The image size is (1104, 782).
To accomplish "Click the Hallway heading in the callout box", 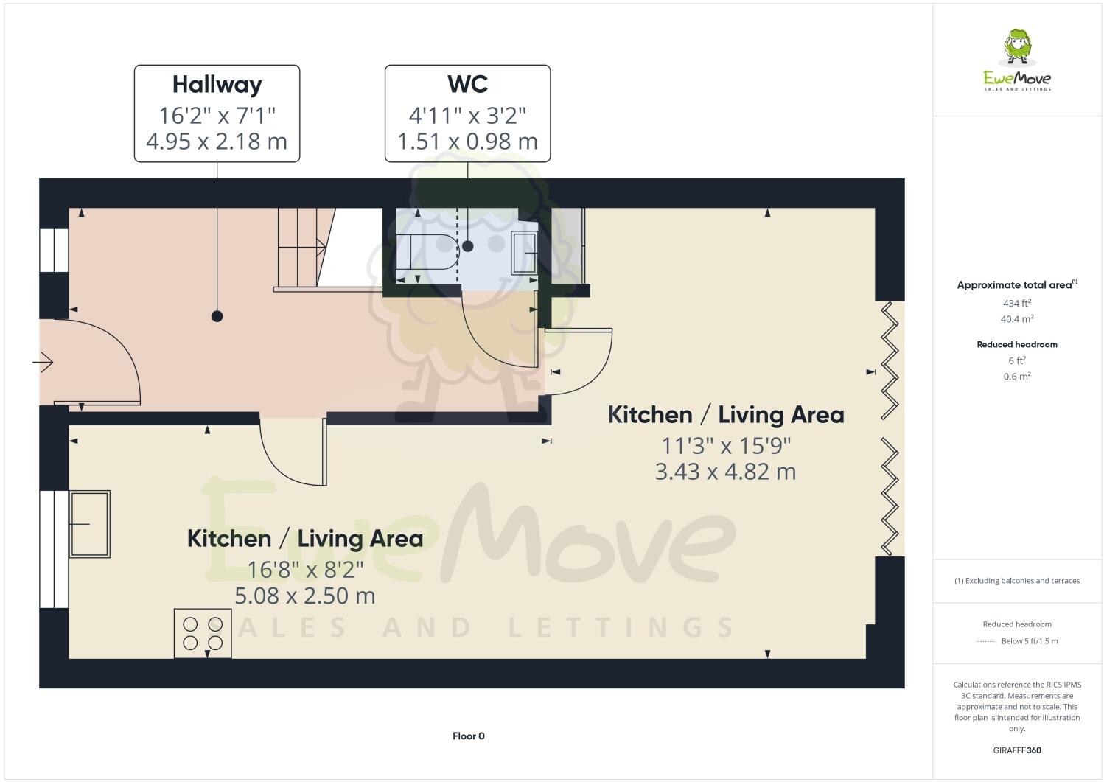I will pyautogui.click(x=217, y=85).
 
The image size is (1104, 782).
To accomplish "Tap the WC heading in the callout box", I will pyautogui.click(x=467, y=85).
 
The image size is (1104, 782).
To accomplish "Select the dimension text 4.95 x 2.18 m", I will pyautogui.click(x=217, y=141).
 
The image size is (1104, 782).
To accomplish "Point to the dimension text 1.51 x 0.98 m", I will pyautogui.click(x=467, y=141).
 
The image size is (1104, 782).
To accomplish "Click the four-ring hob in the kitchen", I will pyautogui.click(x=203, y=632).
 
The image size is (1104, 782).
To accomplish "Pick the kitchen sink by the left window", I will pyautogui.click(x=89, y=523).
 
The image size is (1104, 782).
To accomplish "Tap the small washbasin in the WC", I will pyautogui.click(x=524, y=253).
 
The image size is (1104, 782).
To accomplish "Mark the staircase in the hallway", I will pyautogui.click(x=302, y=247).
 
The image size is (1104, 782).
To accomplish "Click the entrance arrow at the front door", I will pyautogui.click(x=43, y=362).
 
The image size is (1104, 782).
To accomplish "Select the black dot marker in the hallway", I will pyautogui.click(x=217, y=316).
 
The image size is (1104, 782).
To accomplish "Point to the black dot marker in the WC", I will pyautogui.click(x=467, y=246).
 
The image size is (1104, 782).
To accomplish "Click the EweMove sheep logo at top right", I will pyautogui.click(x=1017, y=49).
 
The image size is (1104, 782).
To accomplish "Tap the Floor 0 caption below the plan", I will pyautogui.click(x=468, y=736).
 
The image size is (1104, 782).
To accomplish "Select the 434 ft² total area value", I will pyautogui.click(x=1017, y=303).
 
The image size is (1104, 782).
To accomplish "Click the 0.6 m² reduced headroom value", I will pyautogui.click(x=1017, y=377).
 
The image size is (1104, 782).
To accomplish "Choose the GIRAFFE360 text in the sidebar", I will pyautogui.click(x=1017, y=750).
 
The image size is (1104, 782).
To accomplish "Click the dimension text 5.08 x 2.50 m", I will pyautogui.click(x=304, y=596).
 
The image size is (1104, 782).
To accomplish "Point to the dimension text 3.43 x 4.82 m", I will pyautogui.click(x=725, y=472).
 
